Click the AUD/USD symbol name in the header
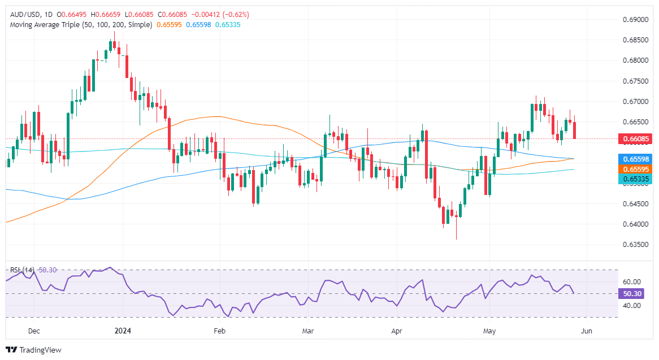coord(25,14)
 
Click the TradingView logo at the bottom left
coord(33,350)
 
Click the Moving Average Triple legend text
coord(79,25)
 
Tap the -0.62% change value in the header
coord(236,14)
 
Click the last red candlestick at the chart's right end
coord(575,130)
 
